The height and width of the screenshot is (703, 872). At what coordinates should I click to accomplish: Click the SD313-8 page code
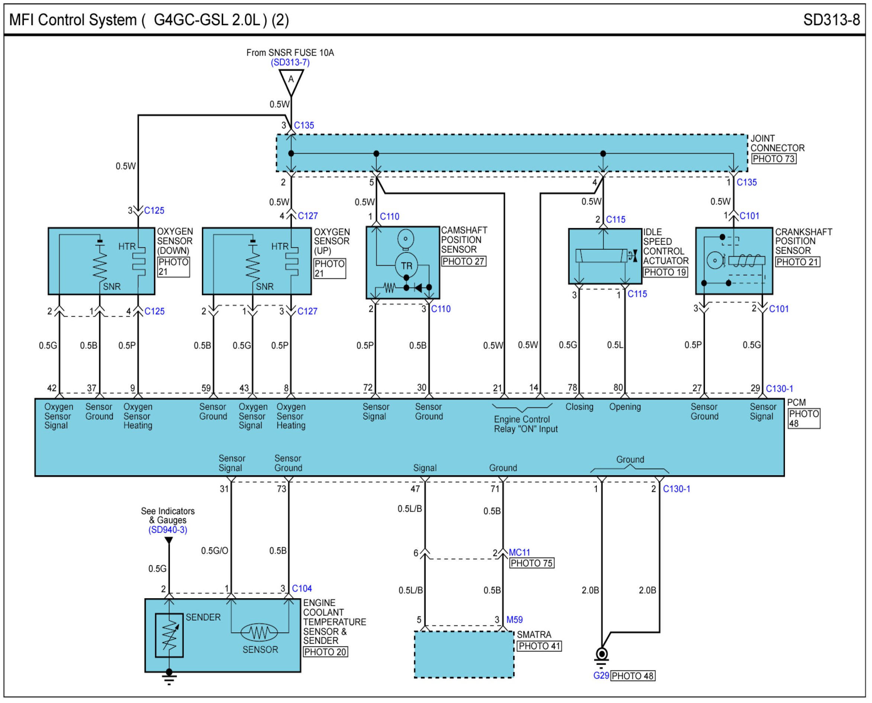point(831,19)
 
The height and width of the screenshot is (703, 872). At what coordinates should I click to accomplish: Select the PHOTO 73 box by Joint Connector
point(773,159)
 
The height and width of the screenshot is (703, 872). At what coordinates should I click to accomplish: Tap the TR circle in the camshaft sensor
point(406,265)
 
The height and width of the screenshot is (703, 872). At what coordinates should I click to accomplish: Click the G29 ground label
point(601,676)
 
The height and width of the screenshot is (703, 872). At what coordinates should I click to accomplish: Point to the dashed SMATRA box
point(464,655)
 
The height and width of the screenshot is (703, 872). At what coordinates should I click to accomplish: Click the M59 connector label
point(515,619)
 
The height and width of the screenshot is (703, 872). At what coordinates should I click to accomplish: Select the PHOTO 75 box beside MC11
point(532,563)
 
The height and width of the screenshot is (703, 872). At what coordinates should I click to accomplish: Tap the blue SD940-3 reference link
point(168,530)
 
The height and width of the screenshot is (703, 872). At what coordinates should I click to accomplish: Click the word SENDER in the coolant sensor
point(203,617)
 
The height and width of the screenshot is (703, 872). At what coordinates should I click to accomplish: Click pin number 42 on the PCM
point(52,388)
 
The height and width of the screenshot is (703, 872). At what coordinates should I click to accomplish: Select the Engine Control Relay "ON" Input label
point(525,424)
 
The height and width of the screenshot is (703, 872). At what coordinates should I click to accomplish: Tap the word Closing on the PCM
point(579,406)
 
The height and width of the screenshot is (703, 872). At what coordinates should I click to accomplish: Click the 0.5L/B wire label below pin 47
point(410,509)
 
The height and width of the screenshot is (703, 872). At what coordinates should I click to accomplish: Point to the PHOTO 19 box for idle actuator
point(665,272)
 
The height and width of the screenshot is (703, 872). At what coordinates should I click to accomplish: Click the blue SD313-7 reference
point(290,62)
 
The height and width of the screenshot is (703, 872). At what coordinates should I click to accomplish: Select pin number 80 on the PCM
point(618,388)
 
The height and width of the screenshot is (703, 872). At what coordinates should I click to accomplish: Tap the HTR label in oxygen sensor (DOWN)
point(127,246)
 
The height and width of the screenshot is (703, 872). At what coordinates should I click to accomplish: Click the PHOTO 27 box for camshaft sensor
point(464,261)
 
